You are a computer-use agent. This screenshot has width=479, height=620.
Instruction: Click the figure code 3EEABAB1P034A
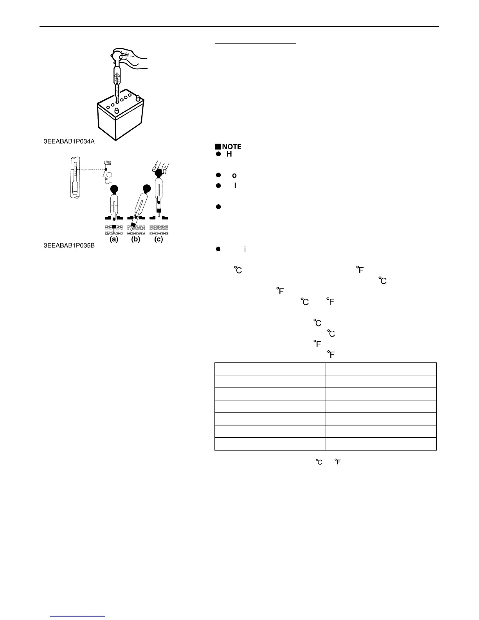click(x=69, y=141)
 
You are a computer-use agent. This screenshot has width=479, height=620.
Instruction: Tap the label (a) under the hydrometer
click(x=114, y=240)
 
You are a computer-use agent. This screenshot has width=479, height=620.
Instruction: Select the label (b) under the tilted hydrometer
click(x=136, y=240)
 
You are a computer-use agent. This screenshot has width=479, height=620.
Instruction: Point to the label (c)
click(x=158, y=240)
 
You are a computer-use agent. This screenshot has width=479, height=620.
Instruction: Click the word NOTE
click(x=232, y=147)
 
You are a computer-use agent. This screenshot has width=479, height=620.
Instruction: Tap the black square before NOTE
click(x=218, y=147)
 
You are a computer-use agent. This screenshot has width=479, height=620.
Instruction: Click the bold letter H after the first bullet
click(x=229, y=154)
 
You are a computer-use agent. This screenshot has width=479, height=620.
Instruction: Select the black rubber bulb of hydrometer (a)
click(x=114, y=189)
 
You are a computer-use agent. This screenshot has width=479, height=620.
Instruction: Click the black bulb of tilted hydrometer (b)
click(x=147, y=189)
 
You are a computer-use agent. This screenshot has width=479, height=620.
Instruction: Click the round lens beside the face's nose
click(x=110, y=175)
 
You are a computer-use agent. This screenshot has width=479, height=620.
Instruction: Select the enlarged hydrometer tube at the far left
click(x=74, y=177)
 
